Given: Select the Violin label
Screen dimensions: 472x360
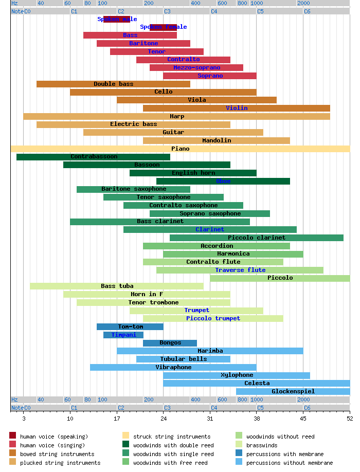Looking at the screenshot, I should pyautogui.click(x=237, y=108).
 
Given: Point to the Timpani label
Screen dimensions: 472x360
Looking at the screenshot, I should pyautogui.click(x=124, y=335).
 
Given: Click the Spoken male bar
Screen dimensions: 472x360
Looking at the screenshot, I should pyautogui.click(x=117, y=19).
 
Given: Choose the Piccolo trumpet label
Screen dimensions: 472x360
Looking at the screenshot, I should pyautogui.click(x=213, y=318).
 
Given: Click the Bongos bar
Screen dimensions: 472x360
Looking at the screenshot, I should pyautogui.click(x=170, y=343).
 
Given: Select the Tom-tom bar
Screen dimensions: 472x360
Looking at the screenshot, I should pyautogui.click(x=130, y=326).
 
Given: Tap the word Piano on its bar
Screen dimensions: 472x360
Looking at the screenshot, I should pyautogui.click(x=180, y=149).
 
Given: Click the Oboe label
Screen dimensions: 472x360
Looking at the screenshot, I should pyautogui.click(x=223, y=181).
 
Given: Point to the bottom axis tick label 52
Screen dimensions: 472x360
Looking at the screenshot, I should pyautogui.click(x=350, y=419).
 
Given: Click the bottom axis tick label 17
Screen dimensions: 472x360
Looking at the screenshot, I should pyautogui.click(x=117, y=419).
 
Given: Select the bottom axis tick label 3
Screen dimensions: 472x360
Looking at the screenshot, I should pyautogui.click(x=24, y=419).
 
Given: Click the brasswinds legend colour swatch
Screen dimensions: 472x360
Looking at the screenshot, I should pyautogui.click(x=239, y=445).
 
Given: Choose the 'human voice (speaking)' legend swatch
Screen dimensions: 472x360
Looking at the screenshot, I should pyautogui.click(x=13, y=437).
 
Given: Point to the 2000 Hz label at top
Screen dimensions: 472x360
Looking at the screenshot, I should pyautogui.click(x=303, y=3).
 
